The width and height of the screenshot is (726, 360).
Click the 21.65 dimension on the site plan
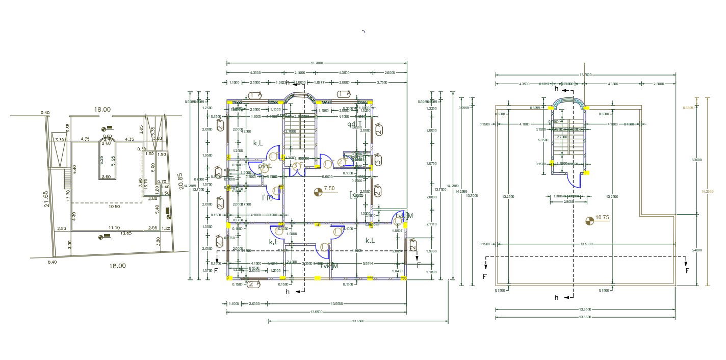pos(46,197)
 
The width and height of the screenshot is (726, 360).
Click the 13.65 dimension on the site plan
pos(125,233)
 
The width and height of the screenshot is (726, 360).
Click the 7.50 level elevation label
pos(329,188)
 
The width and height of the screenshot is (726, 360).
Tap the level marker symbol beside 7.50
pos(319,191)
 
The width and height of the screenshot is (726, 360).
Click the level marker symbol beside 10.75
pos(590,220)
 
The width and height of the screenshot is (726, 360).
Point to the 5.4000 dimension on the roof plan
pos(697,250)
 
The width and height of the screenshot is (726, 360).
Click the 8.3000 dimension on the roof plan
pos(697,160)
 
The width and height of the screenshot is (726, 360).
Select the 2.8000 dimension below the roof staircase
pos(568,201)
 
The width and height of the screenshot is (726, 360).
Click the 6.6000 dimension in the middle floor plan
pos(327,176)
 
